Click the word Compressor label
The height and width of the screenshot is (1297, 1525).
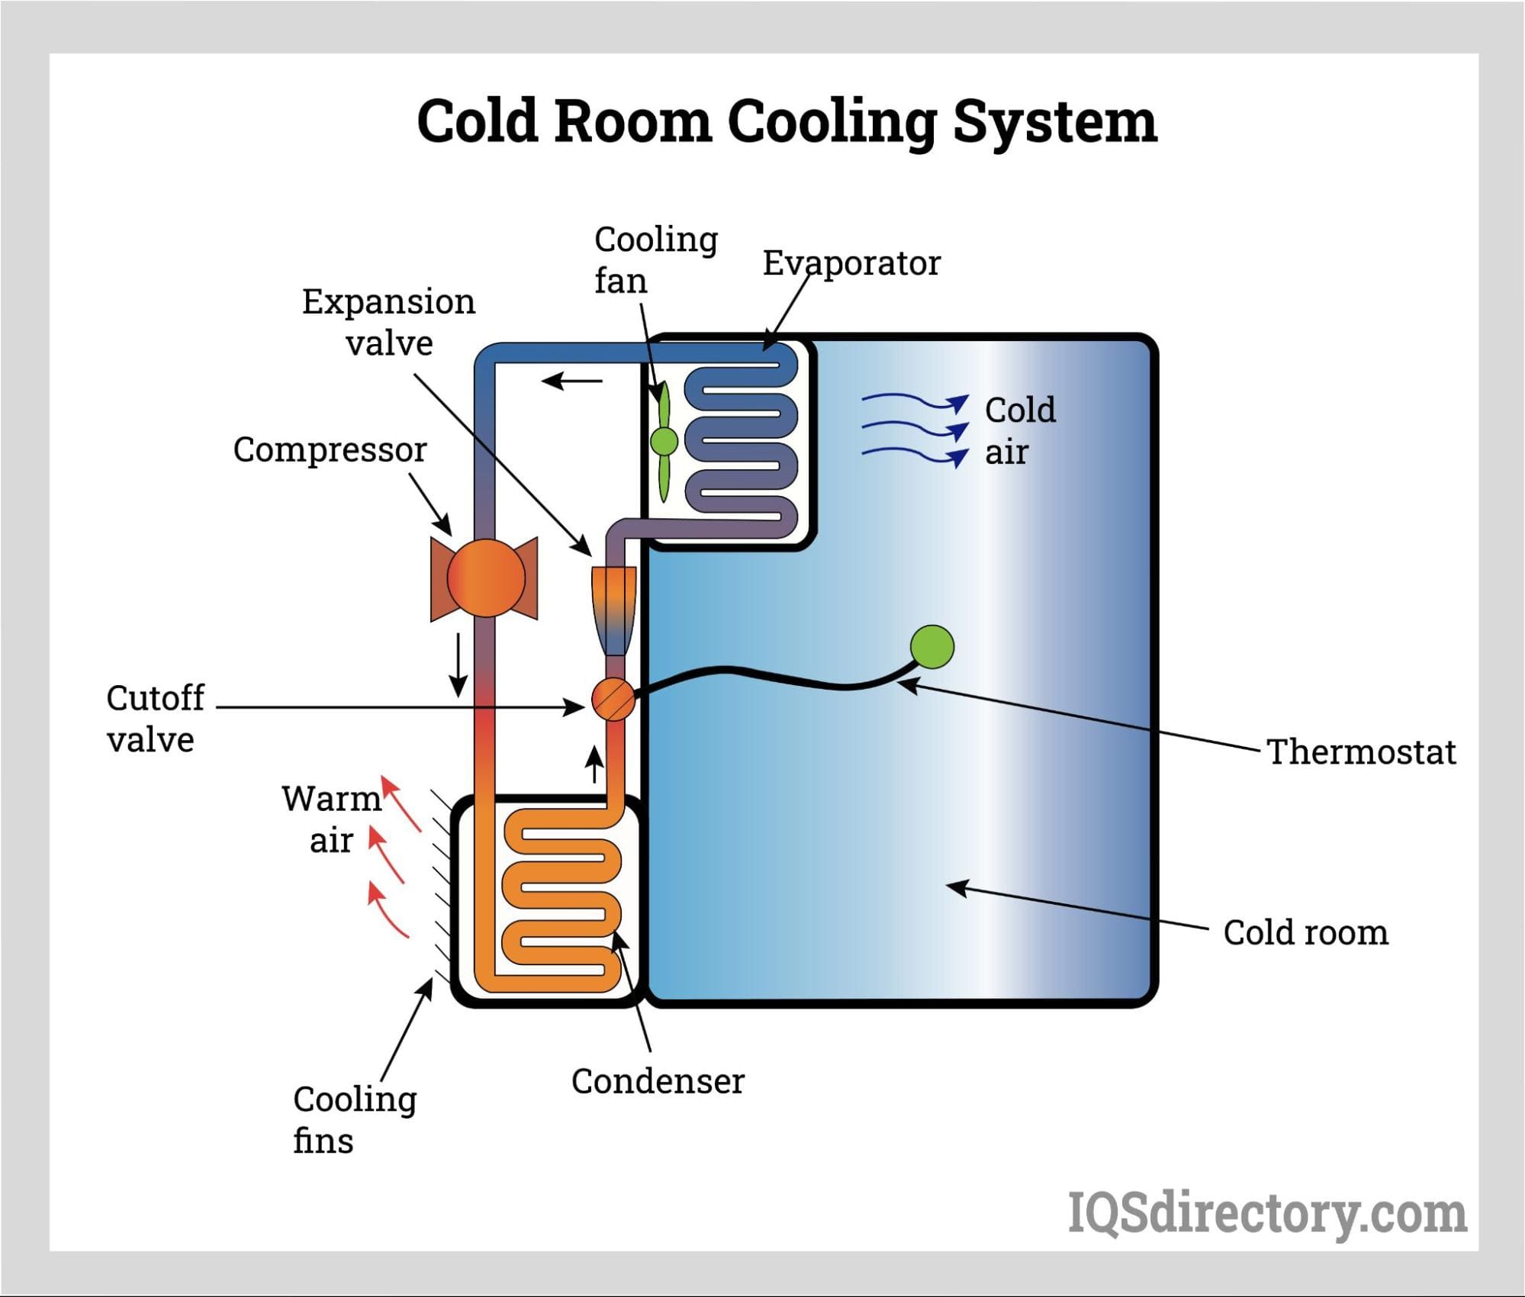click(330, 450)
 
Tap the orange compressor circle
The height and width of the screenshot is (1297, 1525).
click(485, 578)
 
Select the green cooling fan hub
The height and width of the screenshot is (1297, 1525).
click(664, 441)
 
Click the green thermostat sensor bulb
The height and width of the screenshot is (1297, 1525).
click(931, 646)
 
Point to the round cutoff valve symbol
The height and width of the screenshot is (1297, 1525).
click(613, 699)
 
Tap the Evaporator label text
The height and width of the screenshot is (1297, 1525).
click(851, 263)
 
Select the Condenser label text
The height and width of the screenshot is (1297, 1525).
click(658, 1081)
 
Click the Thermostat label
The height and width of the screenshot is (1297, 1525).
click(1361, 751)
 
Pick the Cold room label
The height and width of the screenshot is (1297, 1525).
click(1305, 932)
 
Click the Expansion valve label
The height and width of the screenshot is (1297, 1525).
click(388, 322)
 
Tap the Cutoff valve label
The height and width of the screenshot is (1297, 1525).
click(155, 719)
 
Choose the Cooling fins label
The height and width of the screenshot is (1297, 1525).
click(354, 1120)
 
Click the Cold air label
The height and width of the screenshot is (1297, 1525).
click(1019, 431)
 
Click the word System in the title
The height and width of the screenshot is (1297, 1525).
click(1054, 122)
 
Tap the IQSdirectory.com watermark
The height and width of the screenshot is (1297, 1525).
click(1266, 1212)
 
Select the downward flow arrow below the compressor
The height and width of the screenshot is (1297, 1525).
click(458, 664)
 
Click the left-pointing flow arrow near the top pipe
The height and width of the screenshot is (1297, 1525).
click(572, 380)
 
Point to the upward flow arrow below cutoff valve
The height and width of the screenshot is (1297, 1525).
click(594, 764)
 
